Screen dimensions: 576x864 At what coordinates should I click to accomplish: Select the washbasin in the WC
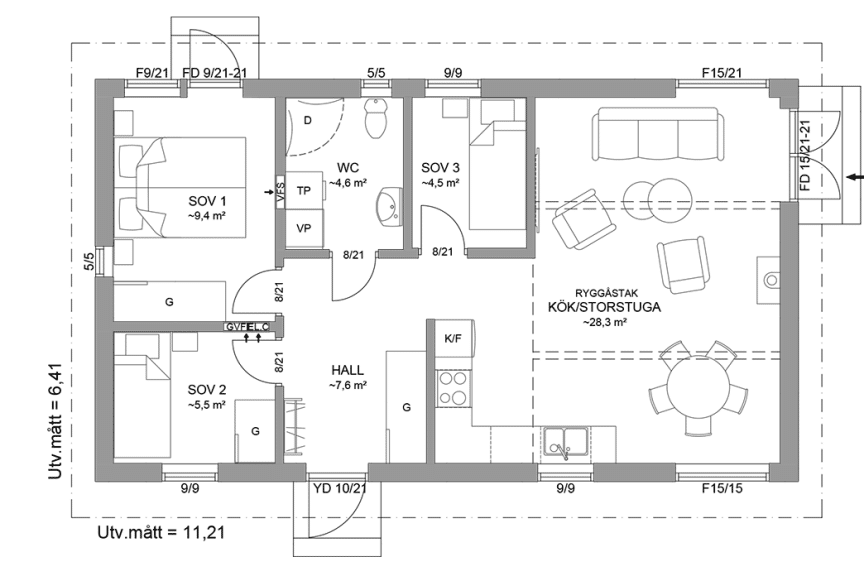[384, 209]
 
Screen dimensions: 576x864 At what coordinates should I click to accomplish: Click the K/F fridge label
[452, 339]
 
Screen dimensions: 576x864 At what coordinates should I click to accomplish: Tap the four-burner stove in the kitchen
[453, 390]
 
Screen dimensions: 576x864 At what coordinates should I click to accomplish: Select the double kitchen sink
[566, 441]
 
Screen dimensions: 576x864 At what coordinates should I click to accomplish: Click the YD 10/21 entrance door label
[340, 489]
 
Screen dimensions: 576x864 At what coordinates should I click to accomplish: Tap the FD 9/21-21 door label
[214, 73]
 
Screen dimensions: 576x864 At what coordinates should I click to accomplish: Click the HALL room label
[347, 369]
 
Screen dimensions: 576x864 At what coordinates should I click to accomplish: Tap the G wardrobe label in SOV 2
[255, 431]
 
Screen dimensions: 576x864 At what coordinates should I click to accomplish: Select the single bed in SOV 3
[493, 175]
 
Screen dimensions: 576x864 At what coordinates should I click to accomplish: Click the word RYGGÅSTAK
[605, 292]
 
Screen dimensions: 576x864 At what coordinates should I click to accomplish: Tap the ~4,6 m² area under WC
[350, 183]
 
